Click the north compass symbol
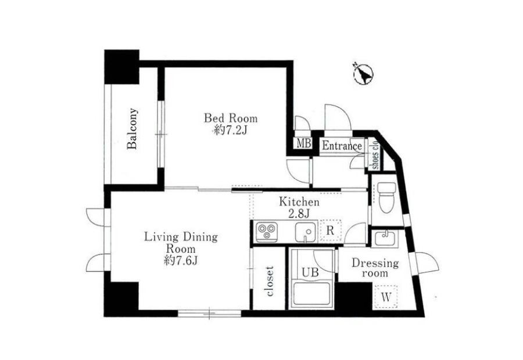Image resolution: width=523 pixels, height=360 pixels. point(363,73)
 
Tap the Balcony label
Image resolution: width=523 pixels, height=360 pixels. point(132,128)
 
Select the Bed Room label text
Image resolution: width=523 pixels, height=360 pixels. point(231,118)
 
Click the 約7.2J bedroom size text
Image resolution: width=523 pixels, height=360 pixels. point(231,131)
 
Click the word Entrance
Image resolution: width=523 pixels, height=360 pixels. point(342,146)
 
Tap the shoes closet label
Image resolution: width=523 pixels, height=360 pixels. point(375,154)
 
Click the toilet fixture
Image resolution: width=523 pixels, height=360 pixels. point(387,197)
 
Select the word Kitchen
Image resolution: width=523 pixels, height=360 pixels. point(299,202)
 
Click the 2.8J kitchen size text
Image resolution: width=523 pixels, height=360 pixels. point(299,214)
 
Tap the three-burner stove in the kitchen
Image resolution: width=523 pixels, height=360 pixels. point(267,231)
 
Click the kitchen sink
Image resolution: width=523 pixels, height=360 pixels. point(306,232)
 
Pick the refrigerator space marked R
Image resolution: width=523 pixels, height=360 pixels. point(330,231)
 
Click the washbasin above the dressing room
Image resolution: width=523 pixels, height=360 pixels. point(385,238)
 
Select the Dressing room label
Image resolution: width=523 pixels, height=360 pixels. point(375,268)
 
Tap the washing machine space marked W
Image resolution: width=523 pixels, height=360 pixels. point(386,297)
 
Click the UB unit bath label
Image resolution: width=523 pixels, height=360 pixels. point(310,272)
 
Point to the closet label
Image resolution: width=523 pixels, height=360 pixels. point(270,281)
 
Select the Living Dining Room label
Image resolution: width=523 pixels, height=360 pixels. point(181,243)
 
